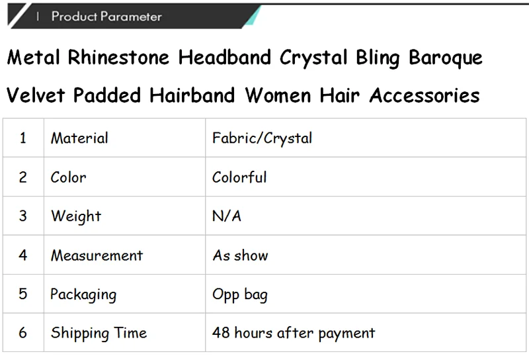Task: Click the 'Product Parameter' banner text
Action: point(106,16)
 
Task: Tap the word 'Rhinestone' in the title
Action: point(118,57)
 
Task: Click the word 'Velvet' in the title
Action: point(36,95)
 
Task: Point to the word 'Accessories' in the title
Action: point(425,95)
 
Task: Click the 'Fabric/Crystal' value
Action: point(262,138)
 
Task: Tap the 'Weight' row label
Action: point(76,216)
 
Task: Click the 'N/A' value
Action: point(227,216)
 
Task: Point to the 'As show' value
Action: point(240,255)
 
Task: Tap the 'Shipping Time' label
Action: point(99,334)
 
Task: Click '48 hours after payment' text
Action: point(294,334)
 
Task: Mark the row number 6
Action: point(22,333)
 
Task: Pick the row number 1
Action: point(22,138)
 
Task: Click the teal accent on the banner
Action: point(253,15)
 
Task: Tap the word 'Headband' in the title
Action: point(225,57)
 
